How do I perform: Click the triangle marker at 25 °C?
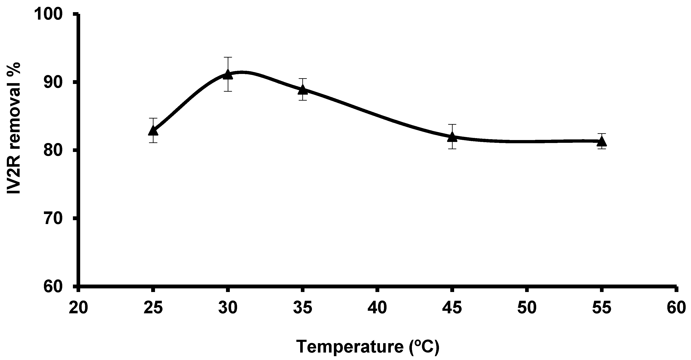click(x=153, y=131)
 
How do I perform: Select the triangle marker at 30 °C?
click(x=228, y=74)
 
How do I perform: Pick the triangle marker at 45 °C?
click(x=452, y=137)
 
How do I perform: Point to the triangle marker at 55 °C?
click(x=602, y=141)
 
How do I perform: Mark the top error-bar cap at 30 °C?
click(x=228, y=57)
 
